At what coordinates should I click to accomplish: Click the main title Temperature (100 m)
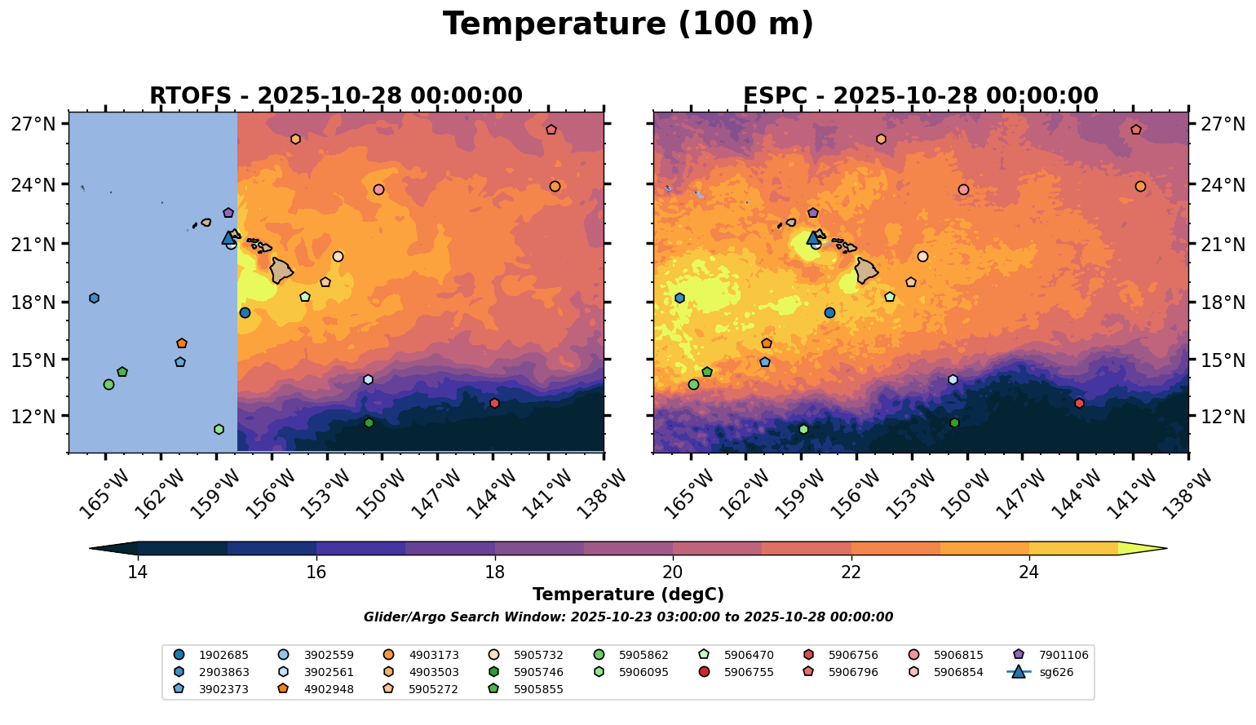628,24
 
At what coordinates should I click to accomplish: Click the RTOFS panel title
335,96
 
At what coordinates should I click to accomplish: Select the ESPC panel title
920,96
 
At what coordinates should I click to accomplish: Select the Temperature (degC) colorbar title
628,595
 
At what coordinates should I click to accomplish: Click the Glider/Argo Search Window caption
628,617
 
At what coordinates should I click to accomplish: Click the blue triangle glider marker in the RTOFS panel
228,238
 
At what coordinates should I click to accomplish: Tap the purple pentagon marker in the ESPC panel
813,213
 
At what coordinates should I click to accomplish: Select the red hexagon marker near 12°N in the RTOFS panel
494,404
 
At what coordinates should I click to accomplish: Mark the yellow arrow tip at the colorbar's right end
1165,549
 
